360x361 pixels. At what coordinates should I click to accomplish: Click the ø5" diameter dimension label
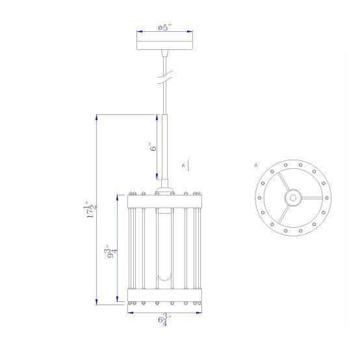tap(165, 28)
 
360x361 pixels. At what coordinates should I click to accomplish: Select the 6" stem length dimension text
tap(153, 147)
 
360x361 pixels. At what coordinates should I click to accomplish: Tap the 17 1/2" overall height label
tap(90, 210)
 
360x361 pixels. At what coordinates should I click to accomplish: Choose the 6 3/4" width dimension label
tap(165, 320)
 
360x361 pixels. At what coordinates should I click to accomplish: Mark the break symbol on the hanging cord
tap(165, 77)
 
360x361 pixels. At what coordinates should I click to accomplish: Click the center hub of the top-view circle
tap(293, 198)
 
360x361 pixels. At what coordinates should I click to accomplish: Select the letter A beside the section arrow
tap(183, 165)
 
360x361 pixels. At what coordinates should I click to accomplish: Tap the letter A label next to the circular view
tap(256, 165)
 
